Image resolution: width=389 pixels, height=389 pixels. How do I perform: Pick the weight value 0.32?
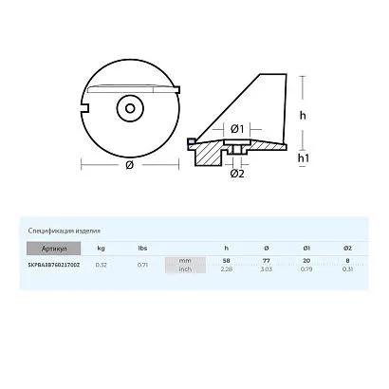tap(102, 265)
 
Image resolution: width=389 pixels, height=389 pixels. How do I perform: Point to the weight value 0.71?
tap(141, 265)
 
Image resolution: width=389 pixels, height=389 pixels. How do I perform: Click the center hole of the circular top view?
tap(126, 108)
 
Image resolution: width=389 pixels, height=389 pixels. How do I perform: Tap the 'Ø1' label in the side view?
tap(237, 129)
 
